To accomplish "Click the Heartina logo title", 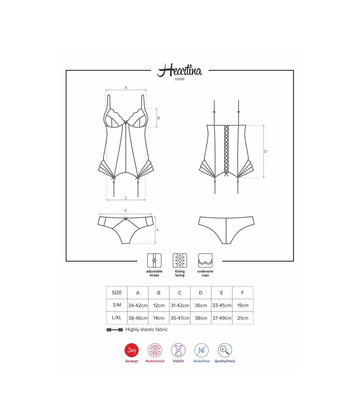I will pyautogui.click(x=180, y=71).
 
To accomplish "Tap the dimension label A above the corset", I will pyautogui.click(x=126, y=87).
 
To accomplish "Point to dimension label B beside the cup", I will pyautogui.click(x=158, y=118).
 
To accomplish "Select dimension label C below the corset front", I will pyautogui.click(x=126, y=198).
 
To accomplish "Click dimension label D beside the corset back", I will pyautogui.click(x=266, y=151).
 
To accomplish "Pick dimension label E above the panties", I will pyautogui.click(x=126, y=210).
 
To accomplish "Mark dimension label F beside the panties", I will pyautogui.click(x=158, y=230).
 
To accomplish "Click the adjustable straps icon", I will pyautogui.click(x=154, y=260).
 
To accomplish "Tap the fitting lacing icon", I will pyautogui.click(x=180, y=260).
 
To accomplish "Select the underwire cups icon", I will pyautogui.click(x=205, y=260).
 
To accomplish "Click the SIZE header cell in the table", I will pyautogui.click(x=117, y=292).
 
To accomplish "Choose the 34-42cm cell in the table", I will pyautogui.click(x=138, y=305).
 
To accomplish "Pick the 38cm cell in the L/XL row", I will pyautogui.click(x=200, y=318).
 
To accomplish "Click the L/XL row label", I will pyautogui.click(x=117, y=318).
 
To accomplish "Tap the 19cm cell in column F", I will pyautogui.click(x=242, y=305).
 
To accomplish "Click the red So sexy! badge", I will pyautogui.click(x=131, y=350).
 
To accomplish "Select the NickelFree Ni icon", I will pyautogui.click(x=201, y=350).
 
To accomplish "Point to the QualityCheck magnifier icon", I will pyautogui.click(x=225, y=350).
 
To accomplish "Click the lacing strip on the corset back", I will pyautogui.click(x=227, y=148).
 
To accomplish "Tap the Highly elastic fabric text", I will pyautogui.click(x=146, y=330).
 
